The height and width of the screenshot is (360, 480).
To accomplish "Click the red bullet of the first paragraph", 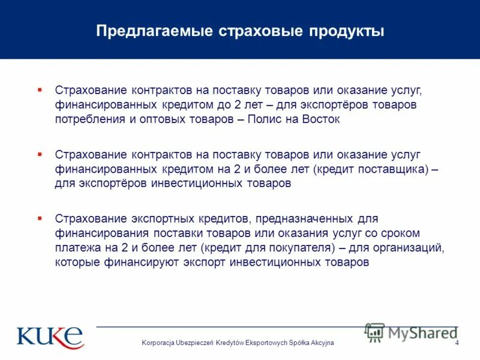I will pos(40,89).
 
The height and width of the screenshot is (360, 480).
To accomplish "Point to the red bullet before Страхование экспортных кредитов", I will pos(40,218).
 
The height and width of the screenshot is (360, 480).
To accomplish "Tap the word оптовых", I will pos(169,119).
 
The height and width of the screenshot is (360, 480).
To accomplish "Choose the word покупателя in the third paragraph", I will pos(298,247).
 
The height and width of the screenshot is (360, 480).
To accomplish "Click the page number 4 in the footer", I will pos(457,342).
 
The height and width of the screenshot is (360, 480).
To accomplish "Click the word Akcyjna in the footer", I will pos(320,342).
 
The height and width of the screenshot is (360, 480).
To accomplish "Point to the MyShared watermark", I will pos(411,332).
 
